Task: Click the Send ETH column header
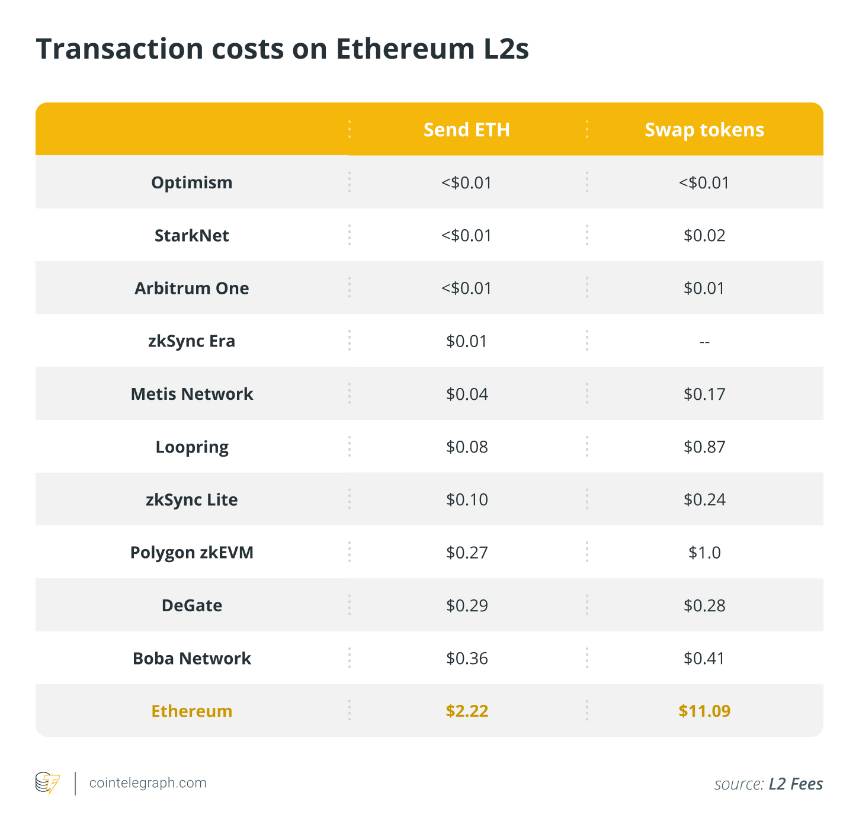click(x=467, y=130)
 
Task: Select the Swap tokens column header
click(x=704, y=130)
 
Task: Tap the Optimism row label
click(x=191, y=182)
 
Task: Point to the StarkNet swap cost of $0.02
click(x=704, y=235)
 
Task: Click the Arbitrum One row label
click(x=191, y=288)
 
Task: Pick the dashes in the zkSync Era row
click(x=704, y=342)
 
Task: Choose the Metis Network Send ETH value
click(x=467, y=394)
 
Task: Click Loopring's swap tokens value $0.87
click(x=704, y=447)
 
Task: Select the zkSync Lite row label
click(x=191, y=499)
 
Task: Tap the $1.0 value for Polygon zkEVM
click(x=704, y=552)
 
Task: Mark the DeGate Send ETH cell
click(x=467, y=605)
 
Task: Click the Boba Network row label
click(x=191, y=658)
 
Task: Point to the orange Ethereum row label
click(x=191, y=711)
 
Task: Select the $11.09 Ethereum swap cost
click(x=704, y=711)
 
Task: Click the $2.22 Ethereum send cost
click(x=467, y=711)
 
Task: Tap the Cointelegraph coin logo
click(x=47, y=783)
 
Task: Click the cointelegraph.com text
click(x=148, y=783)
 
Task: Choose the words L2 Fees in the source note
click(x=796, y=784)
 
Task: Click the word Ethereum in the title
click(x=405, y=49)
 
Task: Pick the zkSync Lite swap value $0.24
click(x=704, y=499)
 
